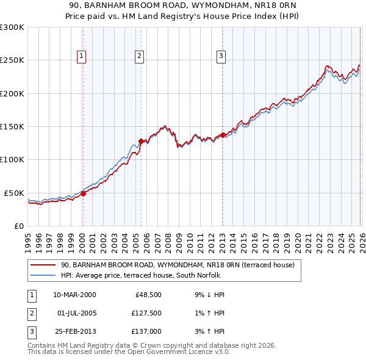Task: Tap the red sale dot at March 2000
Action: click(83, 193)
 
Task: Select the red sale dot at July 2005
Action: click(141, 141)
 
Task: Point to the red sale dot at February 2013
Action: click(223, 135)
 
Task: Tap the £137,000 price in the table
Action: click(146, 331)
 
